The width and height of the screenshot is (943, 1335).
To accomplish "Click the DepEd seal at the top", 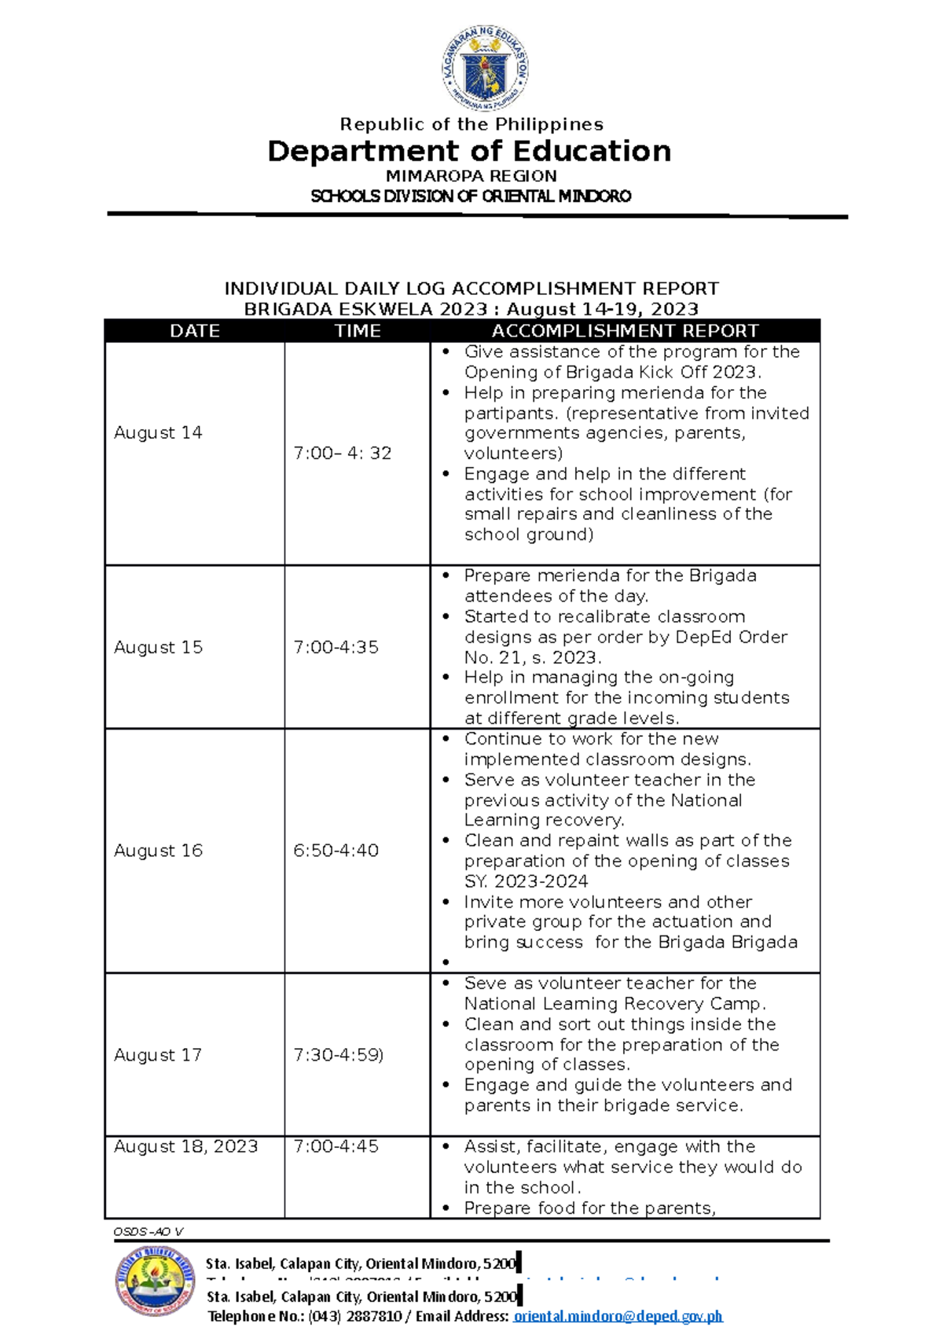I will coord(484,68).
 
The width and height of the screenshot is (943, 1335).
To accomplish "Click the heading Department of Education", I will coord(469,151).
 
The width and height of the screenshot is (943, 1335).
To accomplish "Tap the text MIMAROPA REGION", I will coord(472,176).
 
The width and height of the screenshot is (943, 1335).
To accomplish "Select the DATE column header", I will coord(195,331).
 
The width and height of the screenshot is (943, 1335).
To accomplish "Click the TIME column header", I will coord(358,331).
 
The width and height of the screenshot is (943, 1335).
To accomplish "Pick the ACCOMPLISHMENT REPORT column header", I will coord(625,331).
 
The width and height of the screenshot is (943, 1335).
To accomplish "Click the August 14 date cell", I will coord(158,432).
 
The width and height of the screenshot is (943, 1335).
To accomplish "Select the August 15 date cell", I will coord(158,647).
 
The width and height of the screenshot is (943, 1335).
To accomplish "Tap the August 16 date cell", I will coord(158,851).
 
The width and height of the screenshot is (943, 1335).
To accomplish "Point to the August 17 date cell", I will coord(158,1055).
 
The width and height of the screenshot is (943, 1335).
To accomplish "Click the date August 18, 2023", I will coord(185,1146).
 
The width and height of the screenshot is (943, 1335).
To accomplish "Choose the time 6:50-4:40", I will coord(336,851).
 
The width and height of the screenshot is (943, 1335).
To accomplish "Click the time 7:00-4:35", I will coord(336,647).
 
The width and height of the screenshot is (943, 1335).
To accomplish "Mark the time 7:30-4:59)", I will coord(338,1055).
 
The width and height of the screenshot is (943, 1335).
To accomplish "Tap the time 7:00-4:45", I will coord(336,1146).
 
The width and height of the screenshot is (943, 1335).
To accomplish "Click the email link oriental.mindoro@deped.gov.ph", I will coord(618,1316).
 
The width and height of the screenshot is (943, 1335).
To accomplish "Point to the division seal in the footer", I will coord(155,1281).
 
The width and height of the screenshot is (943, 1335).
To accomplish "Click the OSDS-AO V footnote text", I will coord(149,1232).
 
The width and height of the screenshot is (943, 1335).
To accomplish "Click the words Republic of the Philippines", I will coord(472,124).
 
